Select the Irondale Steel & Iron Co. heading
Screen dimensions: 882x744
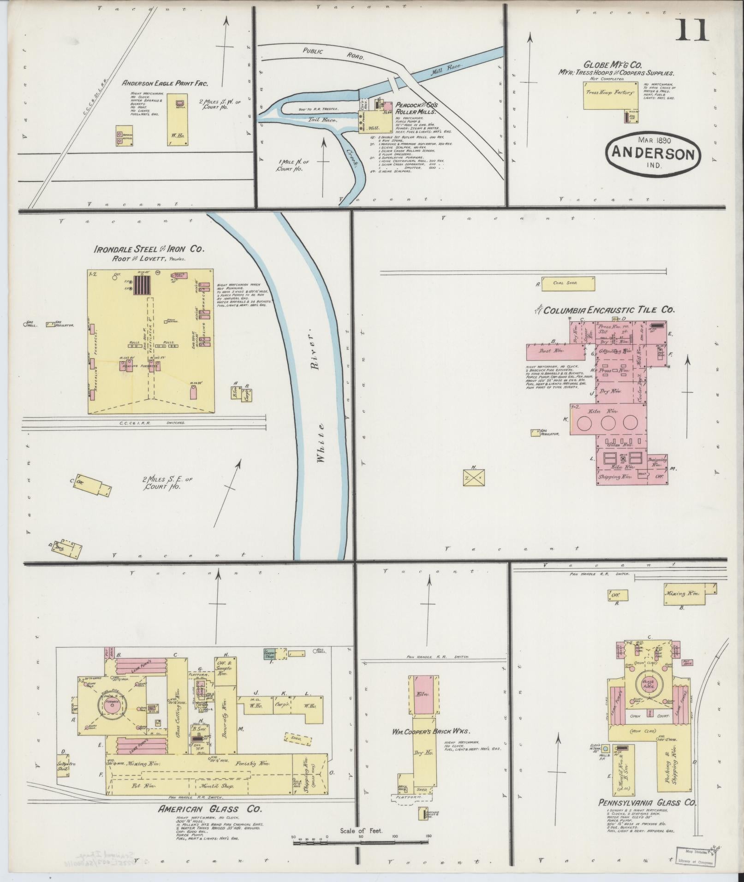pos(149,249)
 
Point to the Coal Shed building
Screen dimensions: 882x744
pos(567,284)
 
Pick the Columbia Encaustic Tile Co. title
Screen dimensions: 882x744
pos(608,310)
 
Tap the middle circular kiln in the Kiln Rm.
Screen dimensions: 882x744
pos(607,422)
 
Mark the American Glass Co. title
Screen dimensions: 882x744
pos(210,809)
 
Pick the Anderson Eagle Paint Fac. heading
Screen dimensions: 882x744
pos(165,83)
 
